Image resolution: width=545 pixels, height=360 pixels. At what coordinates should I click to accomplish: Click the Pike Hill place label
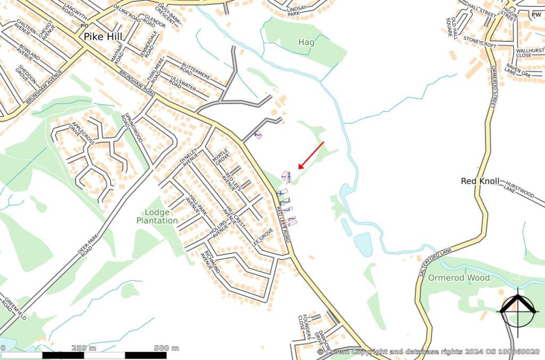tap(103, 37)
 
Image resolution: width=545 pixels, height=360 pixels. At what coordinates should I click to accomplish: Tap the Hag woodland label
tap(306, 42)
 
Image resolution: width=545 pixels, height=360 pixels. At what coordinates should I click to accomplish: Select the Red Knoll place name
tap(480, 181)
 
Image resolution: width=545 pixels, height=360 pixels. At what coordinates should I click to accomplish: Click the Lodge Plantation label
tap(157, 216)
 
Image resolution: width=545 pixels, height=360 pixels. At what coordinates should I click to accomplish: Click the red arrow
tap(311, 155)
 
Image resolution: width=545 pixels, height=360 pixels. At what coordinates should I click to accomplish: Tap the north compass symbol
tap(516, 310)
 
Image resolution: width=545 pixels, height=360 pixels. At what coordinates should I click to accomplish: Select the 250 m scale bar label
tap(84, 348)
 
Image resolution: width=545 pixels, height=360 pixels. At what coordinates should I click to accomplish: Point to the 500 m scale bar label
tap(167, 348)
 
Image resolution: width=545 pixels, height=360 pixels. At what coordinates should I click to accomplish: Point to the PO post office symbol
tap(83, 26)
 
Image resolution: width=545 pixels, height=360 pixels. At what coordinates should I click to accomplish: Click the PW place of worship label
tap(536, 15)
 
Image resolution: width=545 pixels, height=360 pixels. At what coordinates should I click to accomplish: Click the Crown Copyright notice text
tap(428, 351)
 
